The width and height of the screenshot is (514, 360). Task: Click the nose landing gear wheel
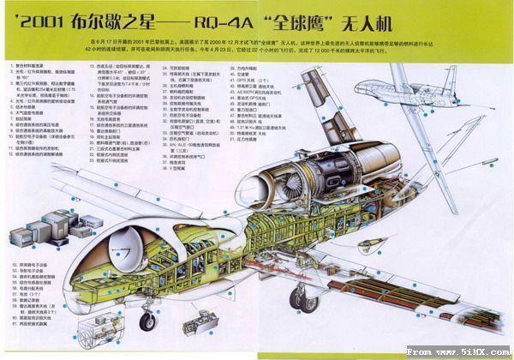point(147,322)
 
